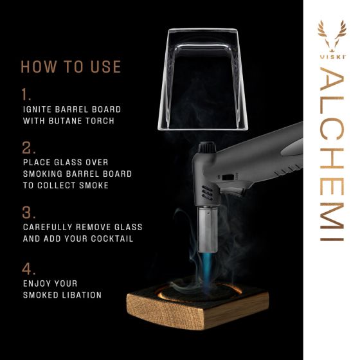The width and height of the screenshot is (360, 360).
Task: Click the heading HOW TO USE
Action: pyautogui.click(x=71, y=67)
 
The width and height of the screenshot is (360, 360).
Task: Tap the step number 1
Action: pyautogui.click(x=26, y=94)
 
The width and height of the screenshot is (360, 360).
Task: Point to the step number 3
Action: pyautogui.click(x=28, y=213)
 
